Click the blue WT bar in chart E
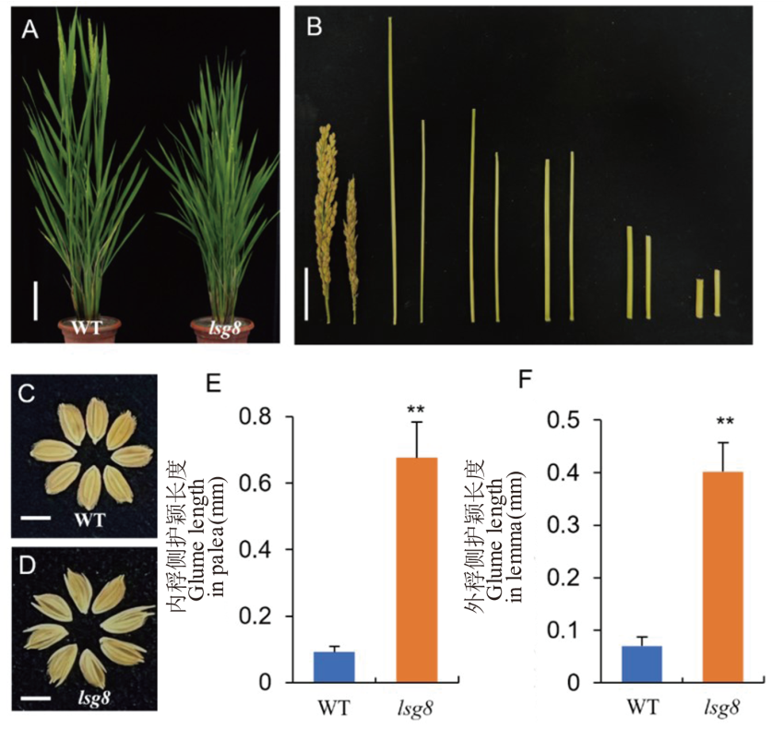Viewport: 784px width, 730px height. [334, 667]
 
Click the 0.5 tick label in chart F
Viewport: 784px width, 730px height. [564, 421]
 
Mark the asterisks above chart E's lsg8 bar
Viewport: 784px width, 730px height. [417, 406]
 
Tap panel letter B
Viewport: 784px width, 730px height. [314, 29]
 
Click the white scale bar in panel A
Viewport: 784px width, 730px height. [36, 301]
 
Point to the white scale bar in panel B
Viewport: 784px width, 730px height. [305, 291]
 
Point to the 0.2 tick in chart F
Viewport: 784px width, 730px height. [564, 578]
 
